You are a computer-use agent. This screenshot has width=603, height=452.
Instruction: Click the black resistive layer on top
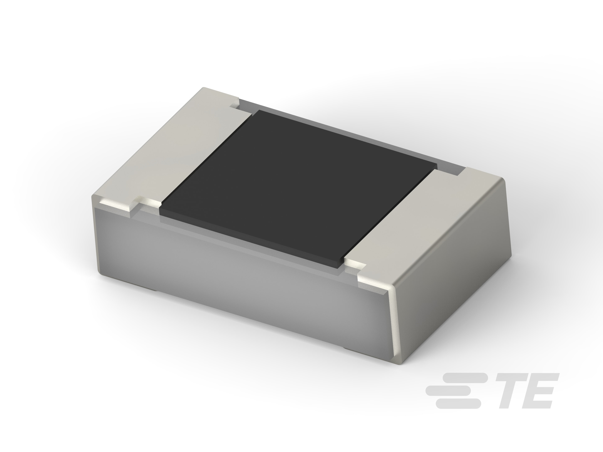tap(297, 188)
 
